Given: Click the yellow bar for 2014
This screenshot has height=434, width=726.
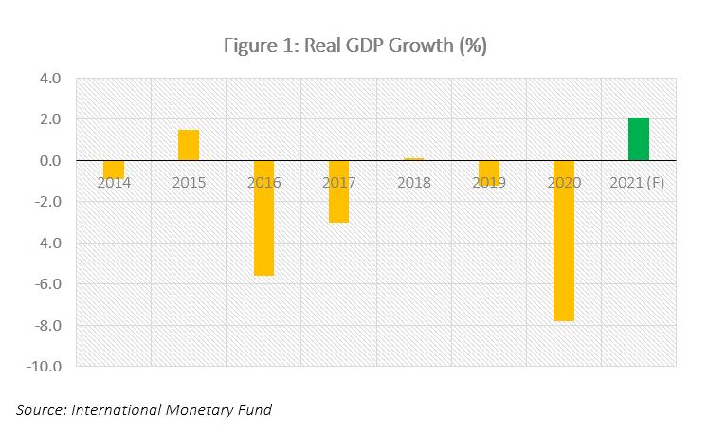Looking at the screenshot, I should (x=114, y=169).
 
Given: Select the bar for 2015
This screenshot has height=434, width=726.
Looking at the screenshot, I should (x=189, y=145).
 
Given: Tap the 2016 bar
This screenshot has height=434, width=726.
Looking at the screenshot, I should (x=263, y=218).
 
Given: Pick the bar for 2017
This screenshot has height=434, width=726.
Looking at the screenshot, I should (x=338, y=191).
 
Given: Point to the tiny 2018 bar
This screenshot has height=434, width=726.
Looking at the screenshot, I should (x=413, y=159).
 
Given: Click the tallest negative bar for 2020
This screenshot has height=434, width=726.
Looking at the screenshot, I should (x=563, y=241).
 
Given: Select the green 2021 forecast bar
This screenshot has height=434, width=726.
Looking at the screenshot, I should (x=638, y=139).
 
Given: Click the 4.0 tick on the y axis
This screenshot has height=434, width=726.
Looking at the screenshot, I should (x=50, y=79).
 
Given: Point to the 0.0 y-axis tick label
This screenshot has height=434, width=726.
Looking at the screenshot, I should (x=50, y=161).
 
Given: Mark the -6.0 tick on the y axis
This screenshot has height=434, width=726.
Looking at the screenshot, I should (x=47, y=284).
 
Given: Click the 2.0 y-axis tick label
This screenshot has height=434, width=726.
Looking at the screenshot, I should (x=50, y=119).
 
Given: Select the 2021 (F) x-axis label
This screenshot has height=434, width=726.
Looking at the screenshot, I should (x=638, y=182).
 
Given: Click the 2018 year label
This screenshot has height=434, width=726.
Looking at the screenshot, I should (x=413, y=182).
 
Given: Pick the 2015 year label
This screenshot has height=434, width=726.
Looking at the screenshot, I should (x=189, y=182).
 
